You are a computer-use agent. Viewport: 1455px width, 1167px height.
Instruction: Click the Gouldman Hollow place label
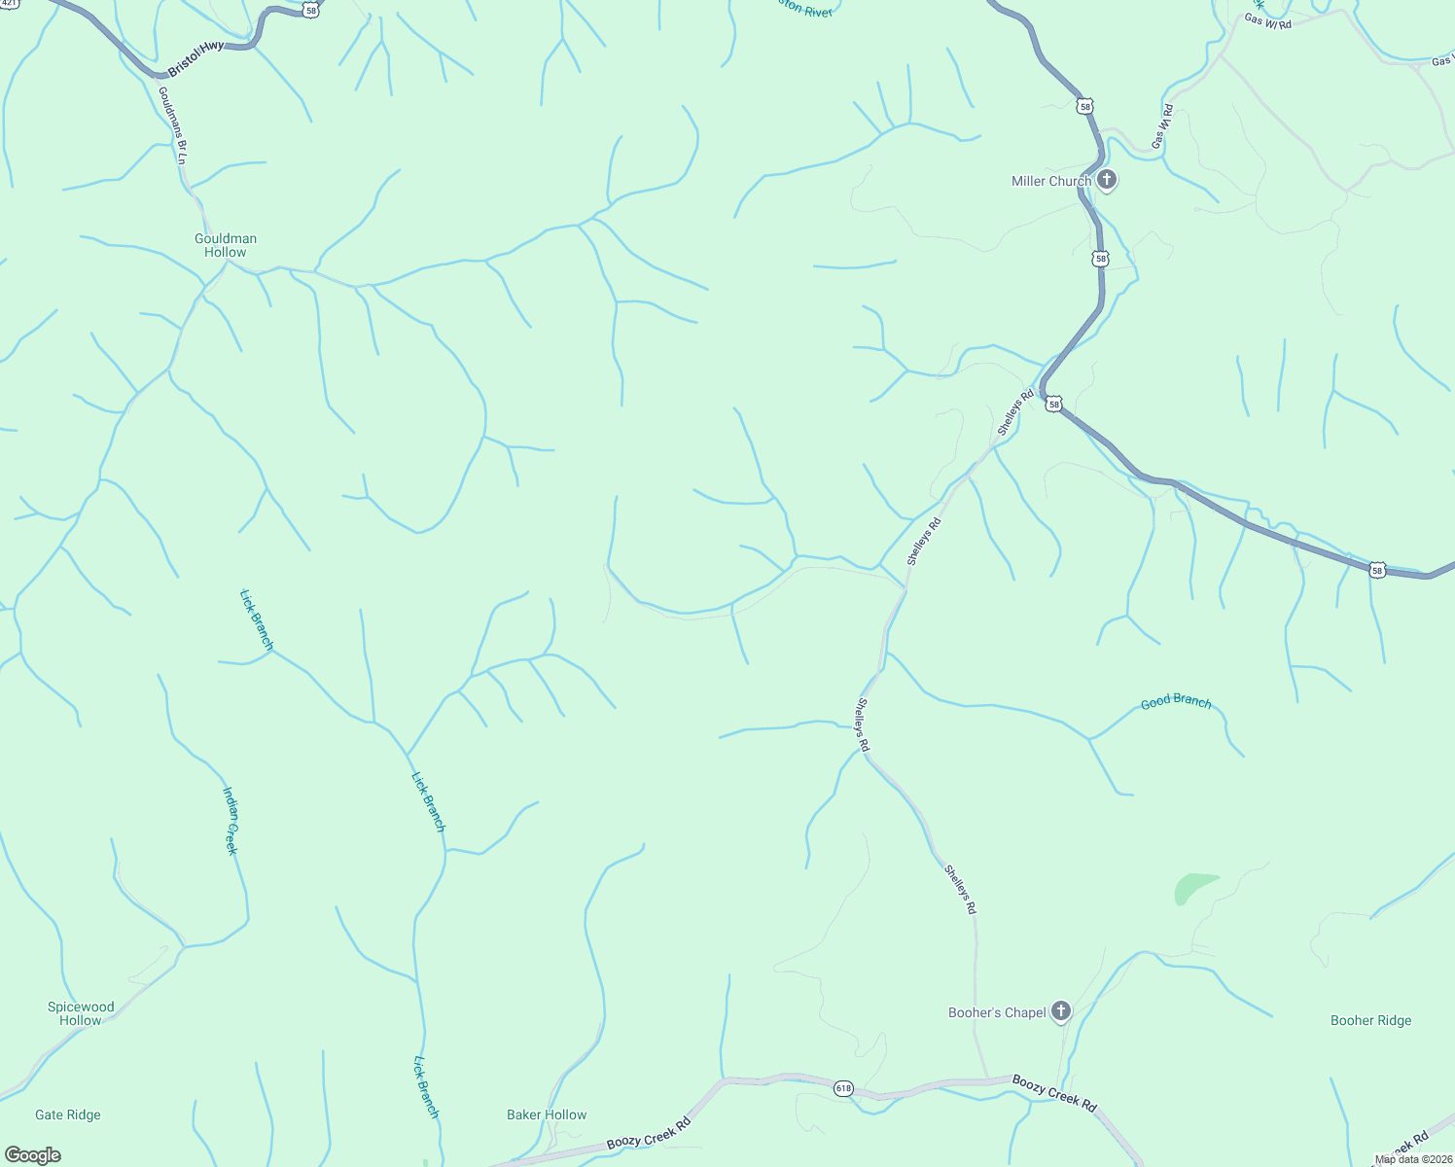pos(226,245)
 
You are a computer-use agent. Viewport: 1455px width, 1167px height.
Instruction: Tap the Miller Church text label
pos(1050,181)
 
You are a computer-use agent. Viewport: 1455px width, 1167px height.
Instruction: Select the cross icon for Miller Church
pos(1106,180)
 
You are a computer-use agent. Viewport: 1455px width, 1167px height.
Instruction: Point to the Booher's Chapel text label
pos(997,1012)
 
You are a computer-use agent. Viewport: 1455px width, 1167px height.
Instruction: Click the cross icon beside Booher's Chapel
pos(1061,1011)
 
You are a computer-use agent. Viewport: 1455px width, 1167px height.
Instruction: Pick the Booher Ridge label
pos(1370,1020)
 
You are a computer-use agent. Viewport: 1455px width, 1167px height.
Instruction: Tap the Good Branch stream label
pos(1176,701)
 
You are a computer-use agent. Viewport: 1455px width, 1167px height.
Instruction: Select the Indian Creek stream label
pos(231,821)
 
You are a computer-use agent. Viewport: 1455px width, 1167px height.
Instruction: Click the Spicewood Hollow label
pos(81,1013)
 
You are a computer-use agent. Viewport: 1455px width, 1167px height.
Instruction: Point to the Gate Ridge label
pos(68,1114)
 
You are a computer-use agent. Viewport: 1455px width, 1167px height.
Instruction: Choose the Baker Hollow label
pos(547,1114)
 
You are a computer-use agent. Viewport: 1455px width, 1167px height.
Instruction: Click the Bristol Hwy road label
pos(195,58)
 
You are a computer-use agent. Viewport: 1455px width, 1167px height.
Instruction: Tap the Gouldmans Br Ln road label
pos(173,124)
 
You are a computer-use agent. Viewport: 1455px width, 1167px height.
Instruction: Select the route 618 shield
pos(843,1089)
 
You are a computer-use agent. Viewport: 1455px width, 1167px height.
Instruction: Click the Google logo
pos(32,1155)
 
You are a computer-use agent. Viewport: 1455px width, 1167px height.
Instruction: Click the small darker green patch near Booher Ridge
pos(1192,887)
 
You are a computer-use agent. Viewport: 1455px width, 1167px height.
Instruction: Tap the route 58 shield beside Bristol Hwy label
pos(310,10)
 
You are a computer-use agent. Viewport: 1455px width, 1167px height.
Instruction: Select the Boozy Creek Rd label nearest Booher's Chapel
pos(1054,1093)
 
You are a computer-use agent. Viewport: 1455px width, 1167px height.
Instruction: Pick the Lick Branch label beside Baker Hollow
pos(427,1086)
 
